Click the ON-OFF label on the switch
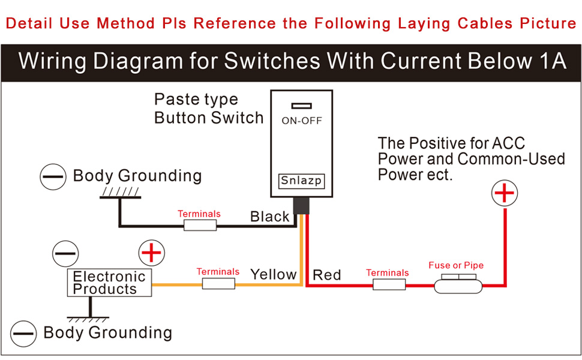301,121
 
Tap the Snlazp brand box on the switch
301,181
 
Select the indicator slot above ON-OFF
301,106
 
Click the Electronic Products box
109,283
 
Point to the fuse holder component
458,284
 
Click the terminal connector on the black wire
200,225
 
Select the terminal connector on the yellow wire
218,284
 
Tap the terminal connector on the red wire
389,284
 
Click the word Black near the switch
269,217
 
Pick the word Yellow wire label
274,275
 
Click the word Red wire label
326,275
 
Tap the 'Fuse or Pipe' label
456,265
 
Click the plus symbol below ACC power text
505,193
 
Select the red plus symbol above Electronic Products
151,253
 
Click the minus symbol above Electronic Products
65,253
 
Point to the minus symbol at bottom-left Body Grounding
23,334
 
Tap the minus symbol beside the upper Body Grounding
53,176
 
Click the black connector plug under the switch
301,206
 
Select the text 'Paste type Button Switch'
209,109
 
